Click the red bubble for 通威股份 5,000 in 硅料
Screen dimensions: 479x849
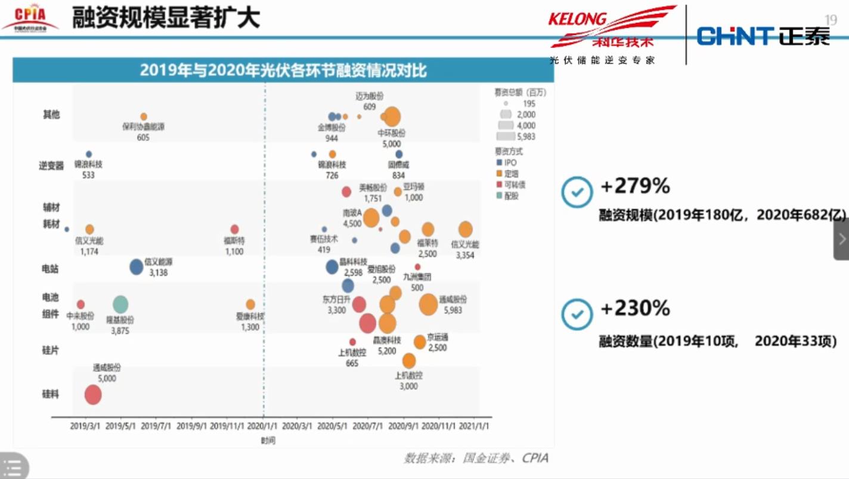pyautogui.click(x=93, y=395)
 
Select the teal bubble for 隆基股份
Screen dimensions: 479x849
pyautogui.click(x=120, y=304)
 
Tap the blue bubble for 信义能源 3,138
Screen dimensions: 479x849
pyautogui.click(x=137, y=267)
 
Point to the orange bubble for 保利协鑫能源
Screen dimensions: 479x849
pyautogui.click(x=144, y=116)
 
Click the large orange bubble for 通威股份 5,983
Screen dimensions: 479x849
pyautogui.click(x=428, y=305)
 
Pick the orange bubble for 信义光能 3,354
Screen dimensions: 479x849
pyautogui.click(x=466, y=229)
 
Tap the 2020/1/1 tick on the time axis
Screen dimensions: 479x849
pyautogui.click(x=264, y=427)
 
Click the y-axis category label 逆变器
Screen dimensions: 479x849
pyautogui.click(x=51, y=165)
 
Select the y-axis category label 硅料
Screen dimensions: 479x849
pyautogui.click(x=51, y=394)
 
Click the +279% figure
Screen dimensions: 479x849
pyautogui.click(x=636, y=187)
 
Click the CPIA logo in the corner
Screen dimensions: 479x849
pyautogui.click(x=30, y=17)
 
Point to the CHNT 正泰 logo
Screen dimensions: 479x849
pyautogui.click(x=763, y=36)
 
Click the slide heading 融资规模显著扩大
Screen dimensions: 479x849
pyautogui.click(x=166, y=18)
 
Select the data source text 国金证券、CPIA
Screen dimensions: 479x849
pyautogui.click(x=476, y=458)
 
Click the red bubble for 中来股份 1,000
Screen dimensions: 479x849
pyautogui.click(x=80, y=304)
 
